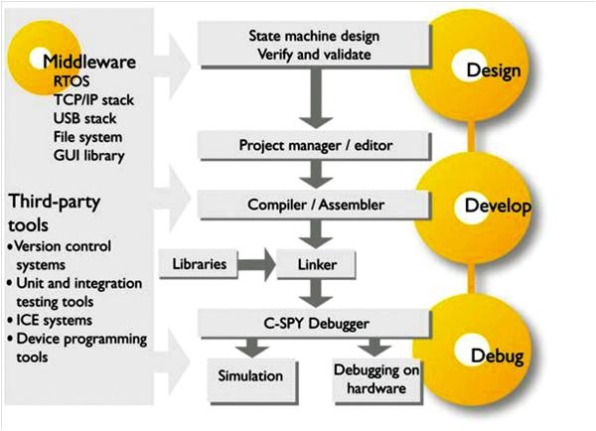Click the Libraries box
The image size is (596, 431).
[197, 266]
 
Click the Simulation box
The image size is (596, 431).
[250, 376]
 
